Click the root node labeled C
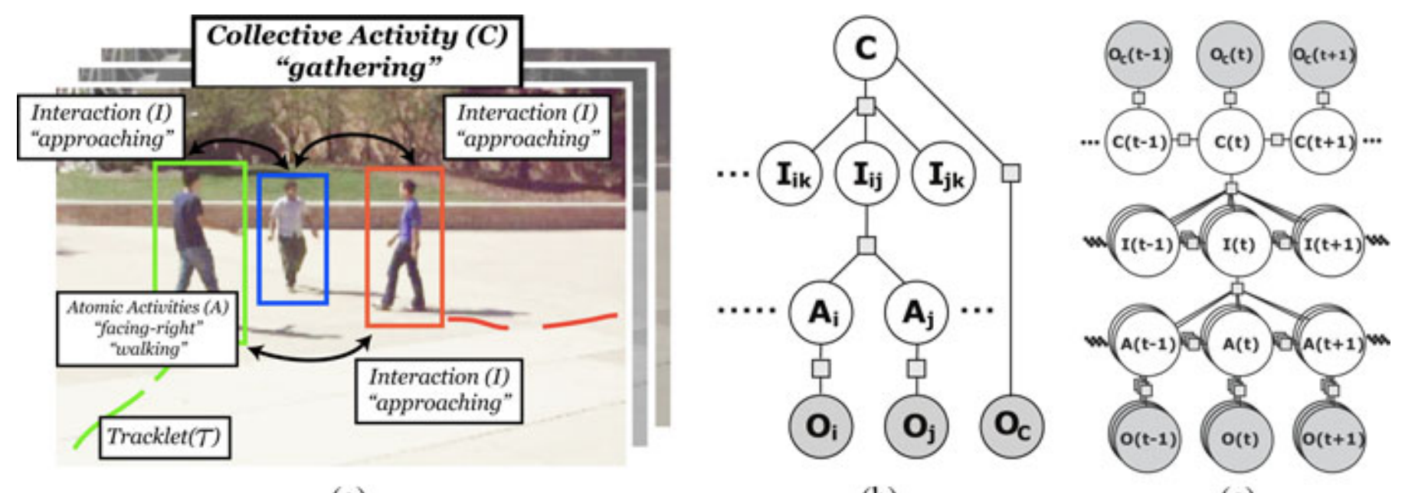pos(865,48)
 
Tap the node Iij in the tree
pos(866,175)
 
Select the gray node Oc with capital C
pos(1011,425)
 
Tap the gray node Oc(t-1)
pos(1139,54)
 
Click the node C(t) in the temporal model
pos(1230,141)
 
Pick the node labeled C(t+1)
pos(1323,141)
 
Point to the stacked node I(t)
pos(1237,245)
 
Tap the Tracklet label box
pos(164,436)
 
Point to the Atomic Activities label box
pos(147,328)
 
